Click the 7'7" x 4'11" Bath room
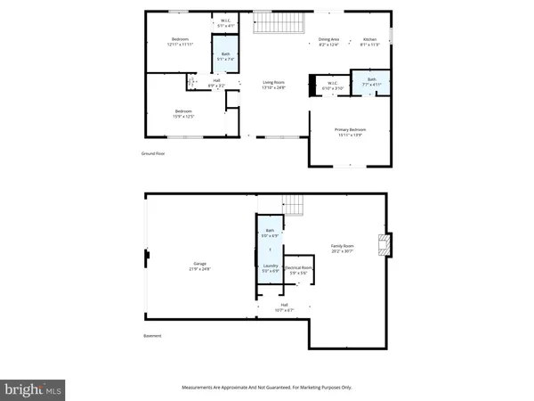pos(371,82)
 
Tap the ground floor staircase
pos(279,24)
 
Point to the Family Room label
pos(342,249)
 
